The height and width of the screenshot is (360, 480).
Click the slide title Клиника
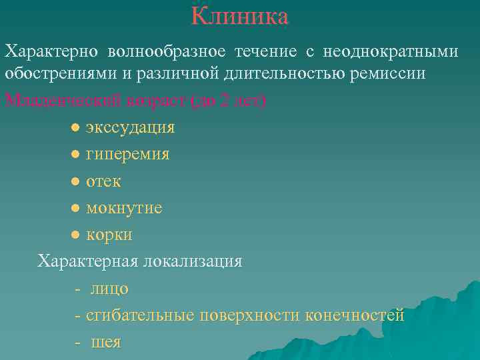coord(240,16)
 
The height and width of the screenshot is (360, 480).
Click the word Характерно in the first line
coord(52,51)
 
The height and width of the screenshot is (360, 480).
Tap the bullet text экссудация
coord(130,127)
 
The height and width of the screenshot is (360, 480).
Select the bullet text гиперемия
coord(127,154)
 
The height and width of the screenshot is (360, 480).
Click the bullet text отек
coord(103,181)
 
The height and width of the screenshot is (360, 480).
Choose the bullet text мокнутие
coord(124,208)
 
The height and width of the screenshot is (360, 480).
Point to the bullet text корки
coord(109,235)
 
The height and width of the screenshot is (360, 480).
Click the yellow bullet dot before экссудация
coord(77,127)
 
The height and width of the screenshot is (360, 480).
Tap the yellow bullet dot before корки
coord(77,235)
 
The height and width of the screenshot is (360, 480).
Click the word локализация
coord(192,261)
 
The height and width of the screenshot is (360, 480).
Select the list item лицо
coord(110,289)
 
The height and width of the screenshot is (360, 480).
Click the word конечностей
coord(355,315)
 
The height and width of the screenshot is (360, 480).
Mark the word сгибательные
coord(140,315)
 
